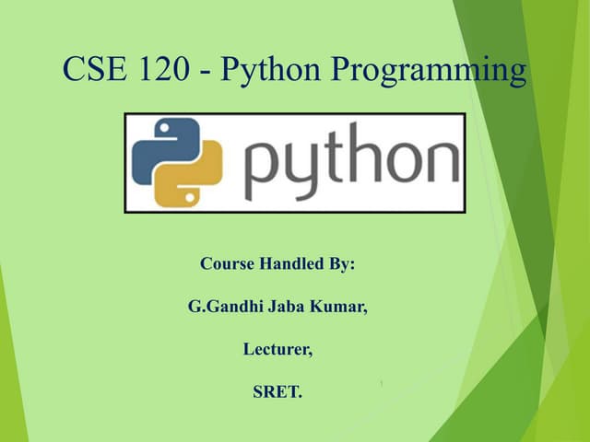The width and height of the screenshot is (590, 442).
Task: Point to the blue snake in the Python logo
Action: pos(164,147)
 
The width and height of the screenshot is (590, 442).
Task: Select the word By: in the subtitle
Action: pos(341,263)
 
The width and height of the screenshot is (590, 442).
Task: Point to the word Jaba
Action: pos(283,307)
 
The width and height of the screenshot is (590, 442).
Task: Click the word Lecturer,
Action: pos(277,350)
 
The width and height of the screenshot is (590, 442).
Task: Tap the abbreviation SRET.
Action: pos(277,393)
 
